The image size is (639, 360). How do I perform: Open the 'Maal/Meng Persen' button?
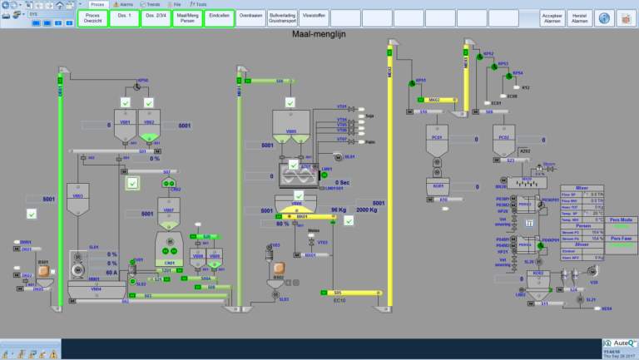tap(187, 17)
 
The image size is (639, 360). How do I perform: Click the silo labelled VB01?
tap(125, 124)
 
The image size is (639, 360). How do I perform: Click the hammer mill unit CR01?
tap(169, 246)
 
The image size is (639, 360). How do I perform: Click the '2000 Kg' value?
tap(369, 210)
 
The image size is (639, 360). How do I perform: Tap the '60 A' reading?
tap(111, 270)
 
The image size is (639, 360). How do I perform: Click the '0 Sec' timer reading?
tap(347, 182)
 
